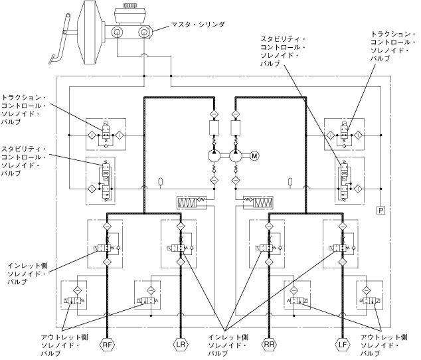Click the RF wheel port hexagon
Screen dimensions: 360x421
[x=106, y=345]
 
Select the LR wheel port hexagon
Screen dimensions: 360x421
[x=181, y=345]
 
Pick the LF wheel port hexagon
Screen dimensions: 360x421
[x=341, y=345]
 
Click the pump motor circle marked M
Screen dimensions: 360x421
[x=254, y=156]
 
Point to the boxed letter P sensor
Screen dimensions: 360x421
[x=380, y=211]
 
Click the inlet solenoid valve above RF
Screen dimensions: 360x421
[x=106, y=247]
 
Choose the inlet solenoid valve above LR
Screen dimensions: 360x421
[x=181, y=247]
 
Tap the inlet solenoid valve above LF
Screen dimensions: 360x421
[x=341, y=247]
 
